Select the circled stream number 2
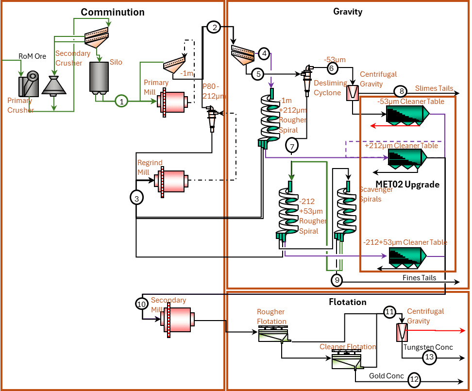[213, 27]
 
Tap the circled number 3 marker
[137, 197]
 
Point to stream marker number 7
[291, 145]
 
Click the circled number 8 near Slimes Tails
[400, 91]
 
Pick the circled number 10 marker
[141, 304]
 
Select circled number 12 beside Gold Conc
[414, 380]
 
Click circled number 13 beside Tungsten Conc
[429, 357]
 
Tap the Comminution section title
[112, 12]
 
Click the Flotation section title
[347, 302]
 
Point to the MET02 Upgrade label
[407, 185]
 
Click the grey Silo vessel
[99, 78]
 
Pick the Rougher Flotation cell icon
[272, 334]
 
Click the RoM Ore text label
[32, 56]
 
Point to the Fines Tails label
[419, 277]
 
